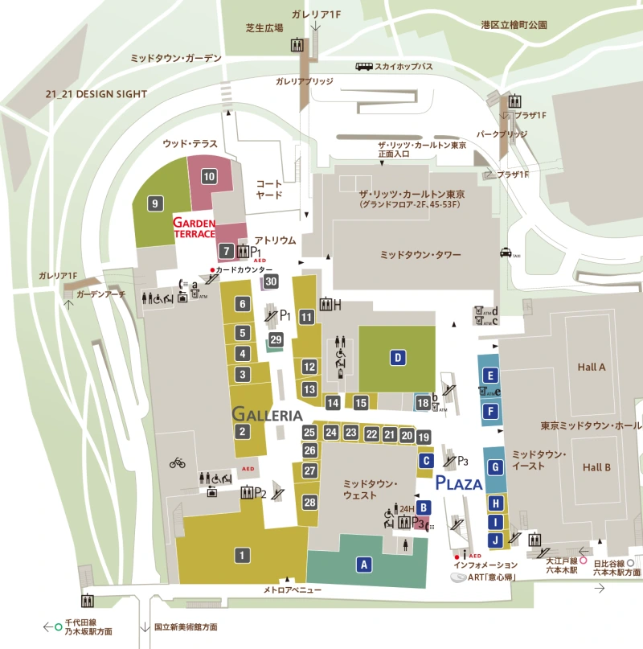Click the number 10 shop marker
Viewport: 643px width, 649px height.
tap(209, 177)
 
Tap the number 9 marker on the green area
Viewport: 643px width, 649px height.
tap(155, 204)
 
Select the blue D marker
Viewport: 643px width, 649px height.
tap(397, 358)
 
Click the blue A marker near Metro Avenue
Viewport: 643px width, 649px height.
tap(364, 565)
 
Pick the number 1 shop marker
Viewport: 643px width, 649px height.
tap(240, 554)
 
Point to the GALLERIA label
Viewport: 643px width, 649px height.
tap(267, 415)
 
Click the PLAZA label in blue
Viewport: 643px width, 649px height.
tap(459, 483)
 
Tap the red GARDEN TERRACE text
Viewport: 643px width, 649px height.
tap(195, 228)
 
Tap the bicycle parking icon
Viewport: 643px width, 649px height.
tap(178, 462)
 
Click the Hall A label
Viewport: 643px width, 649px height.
tap(591, 367)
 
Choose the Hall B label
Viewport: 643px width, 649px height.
tap(596, 467)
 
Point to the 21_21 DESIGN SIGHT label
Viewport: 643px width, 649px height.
tap(96, 94)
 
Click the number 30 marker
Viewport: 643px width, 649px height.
tap(271, 281)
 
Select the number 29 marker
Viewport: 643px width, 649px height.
tap(276, 340)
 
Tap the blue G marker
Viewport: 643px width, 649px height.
tap(497, 467)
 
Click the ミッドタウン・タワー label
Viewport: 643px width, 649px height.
tap(420, 254)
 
